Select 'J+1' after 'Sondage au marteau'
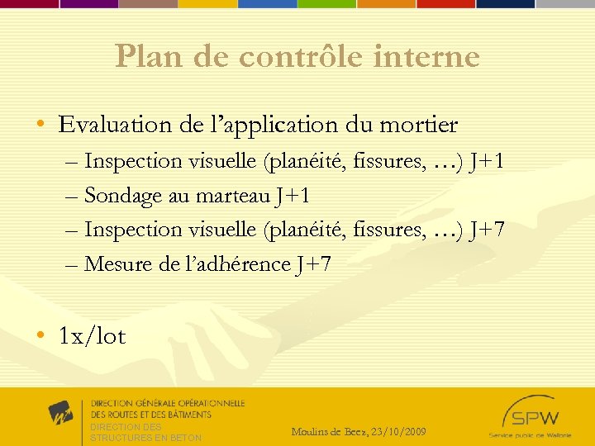(x=293, y=196)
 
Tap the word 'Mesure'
(x=117, y=264)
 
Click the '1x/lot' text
(x=92, y=336)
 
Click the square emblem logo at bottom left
(x=60, y=412)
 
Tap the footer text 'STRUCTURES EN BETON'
(x=145, y=438)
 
